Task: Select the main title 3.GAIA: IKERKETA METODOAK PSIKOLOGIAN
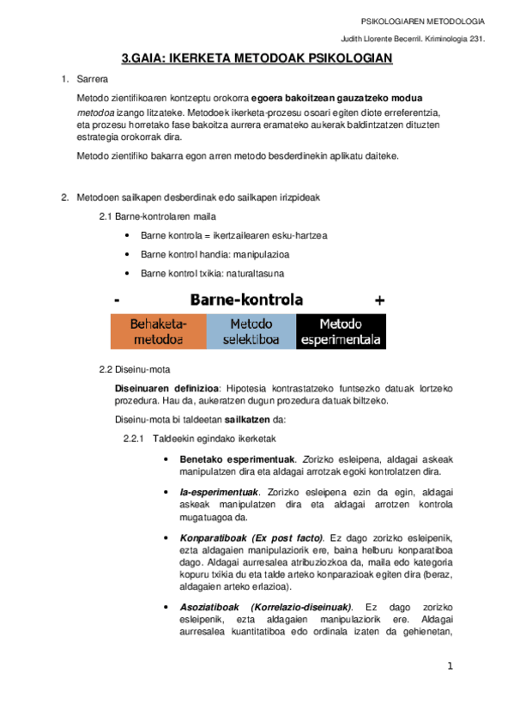(x=257, y=58)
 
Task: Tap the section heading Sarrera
(x=92, y=80)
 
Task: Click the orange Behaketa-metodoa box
(x=158, y=331)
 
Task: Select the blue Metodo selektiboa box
(x=251, y=331)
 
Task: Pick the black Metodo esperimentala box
(x=341, y=331)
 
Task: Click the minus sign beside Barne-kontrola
(x=115, y=300)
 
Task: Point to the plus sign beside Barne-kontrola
(x=379, y=300)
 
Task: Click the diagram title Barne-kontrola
(x=246, y=300)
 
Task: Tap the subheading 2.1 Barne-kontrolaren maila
(x=158, y=215)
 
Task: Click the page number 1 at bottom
(x=450, y=666)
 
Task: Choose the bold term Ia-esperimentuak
(x=219, y=492)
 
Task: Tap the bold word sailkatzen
(x=247, y=420)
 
